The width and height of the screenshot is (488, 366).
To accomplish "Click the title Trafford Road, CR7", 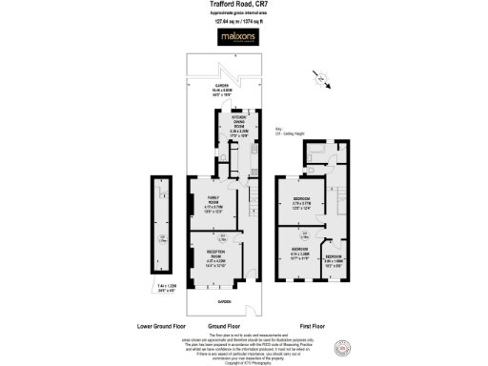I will pyautogui.click(x=244, y=5).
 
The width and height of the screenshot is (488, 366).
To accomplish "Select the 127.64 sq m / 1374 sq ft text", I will pyautogui.click(x=244, y=19).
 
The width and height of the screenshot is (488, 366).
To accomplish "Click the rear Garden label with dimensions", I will pyautogui.click(x=227, y=91).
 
